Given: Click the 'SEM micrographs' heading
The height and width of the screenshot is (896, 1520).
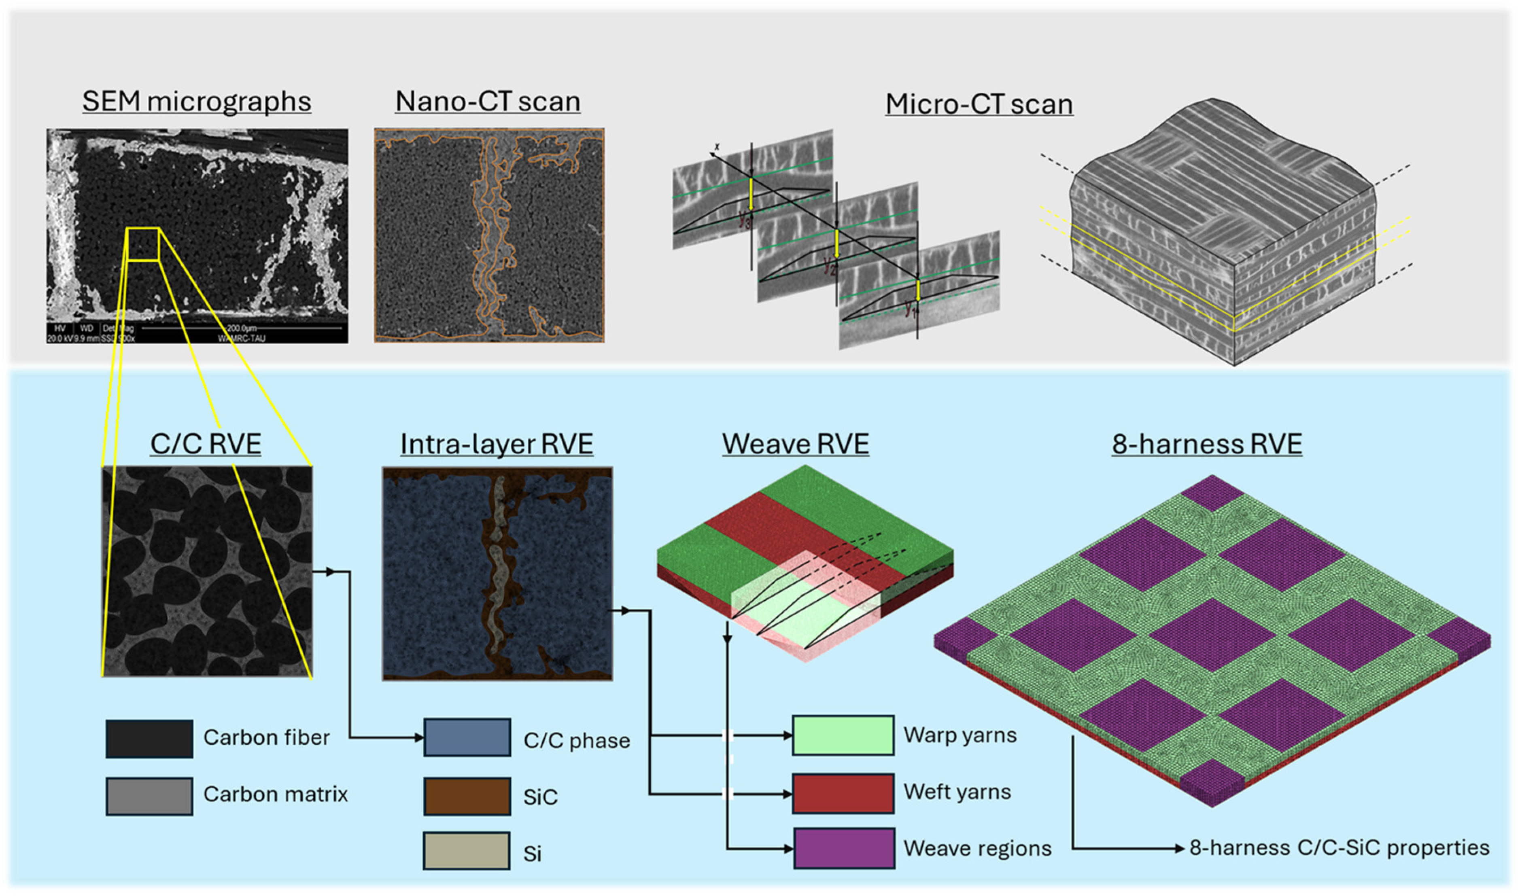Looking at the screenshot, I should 197,102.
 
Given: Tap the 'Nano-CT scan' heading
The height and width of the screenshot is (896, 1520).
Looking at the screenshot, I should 488,102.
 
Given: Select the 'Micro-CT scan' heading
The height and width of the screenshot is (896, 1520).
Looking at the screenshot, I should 979,104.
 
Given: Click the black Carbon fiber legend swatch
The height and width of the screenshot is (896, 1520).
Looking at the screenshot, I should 149,738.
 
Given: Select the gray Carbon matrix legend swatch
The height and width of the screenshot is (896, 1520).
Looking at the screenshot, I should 149,796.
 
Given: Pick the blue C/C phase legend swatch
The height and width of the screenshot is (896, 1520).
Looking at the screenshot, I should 467,737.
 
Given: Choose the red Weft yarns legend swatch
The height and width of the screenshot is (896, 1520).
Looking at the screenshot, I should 843,793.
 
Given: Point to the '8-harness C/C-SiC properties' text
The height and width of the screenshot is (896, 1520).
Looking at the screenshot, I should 1339,848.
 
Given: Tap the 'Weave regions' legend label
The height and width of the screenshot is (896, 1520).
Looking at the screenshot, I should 977,848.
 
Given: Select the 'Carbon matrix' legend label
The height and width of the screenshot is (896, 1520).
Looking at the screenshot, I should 275,794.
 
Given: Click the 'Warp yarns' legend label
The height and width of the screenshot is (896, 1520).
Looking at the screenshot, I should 960,735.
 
